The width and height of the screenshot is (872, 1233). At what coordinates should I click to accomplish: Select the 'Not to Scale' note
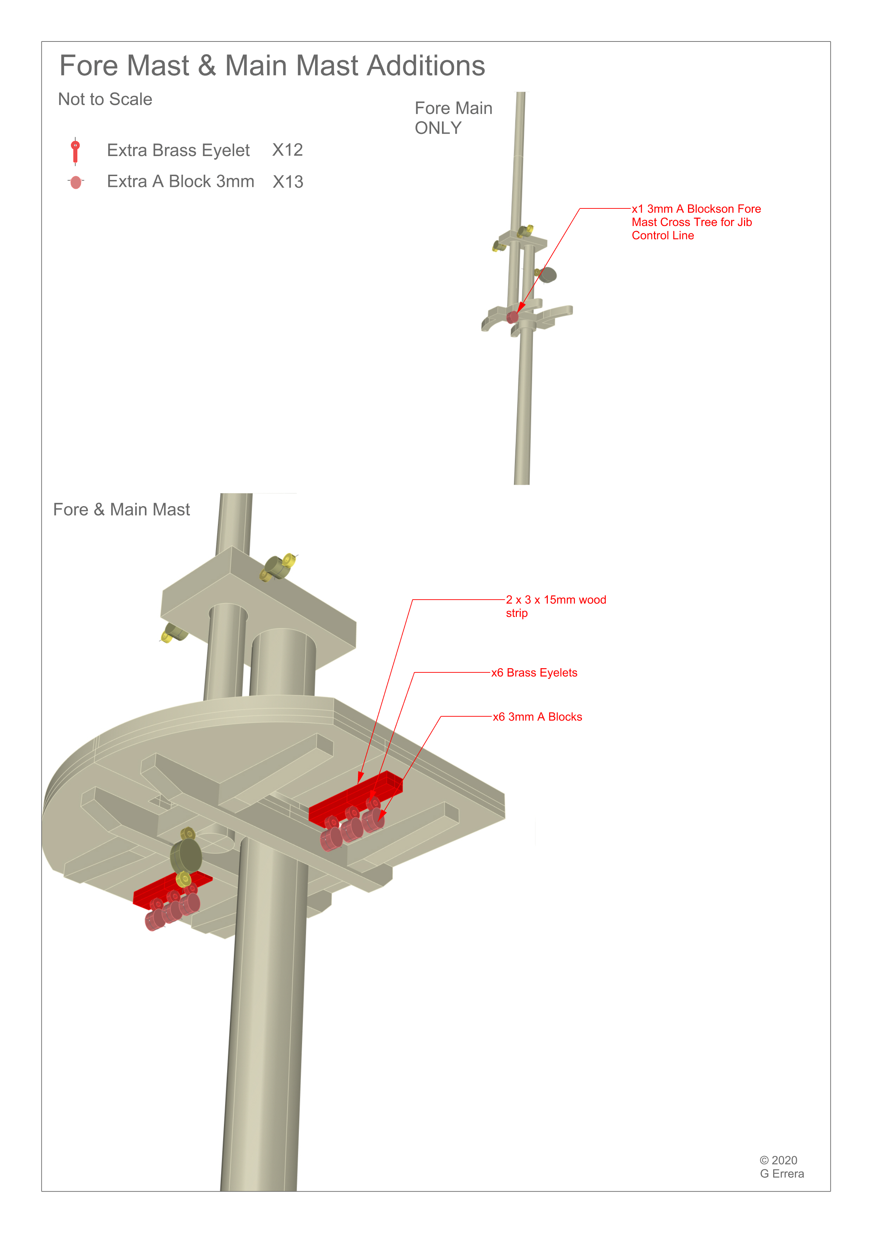click(x=105, y=99)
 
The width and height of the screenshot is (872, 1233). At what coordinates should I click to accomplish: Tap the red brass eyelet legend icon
click(x=75, y=151)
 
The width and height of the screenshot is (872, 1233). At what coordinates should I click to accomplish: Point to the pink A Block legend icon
click(x=76, y=182)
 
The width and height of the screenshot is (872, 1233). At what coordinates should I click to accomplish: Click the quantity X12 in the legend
click(x=287, y=150)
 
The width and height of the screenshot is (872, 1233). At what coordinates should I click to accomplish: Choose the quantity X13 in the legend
click(x=288, y=182)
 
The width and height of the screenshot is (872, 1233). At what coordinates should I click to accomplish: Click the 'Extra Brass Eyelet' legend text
click(x=178, y=150)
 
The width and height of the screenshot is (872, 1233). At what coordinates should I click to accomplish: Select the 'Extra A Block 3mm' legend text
click(x=180, y=181)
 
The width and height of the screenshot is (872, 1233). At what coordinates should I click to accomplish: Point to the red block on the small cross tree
click(x=513, y=317)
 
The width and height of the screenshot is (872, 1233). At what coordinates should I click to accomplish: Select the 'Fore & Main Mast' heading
click(x=121, y=510)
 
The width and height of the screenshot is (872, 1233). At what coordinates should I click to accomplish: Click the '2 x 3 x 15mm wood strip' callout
click(x=556, y=606)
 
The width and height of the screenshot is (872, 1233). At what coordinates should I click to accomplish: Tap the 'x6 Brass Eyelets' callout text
click(x=534, y=673)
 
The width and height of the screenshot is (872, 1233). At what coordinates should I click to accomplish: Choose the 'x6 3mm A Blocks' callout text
click(x=537, y=717)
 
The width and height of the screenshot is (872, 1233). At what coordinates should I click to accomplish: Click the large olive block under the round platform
click(x=186, y=856)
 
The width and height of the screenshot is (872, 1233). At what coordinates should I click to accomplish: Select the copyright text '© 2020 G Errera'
click(x=782, y=1167)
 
